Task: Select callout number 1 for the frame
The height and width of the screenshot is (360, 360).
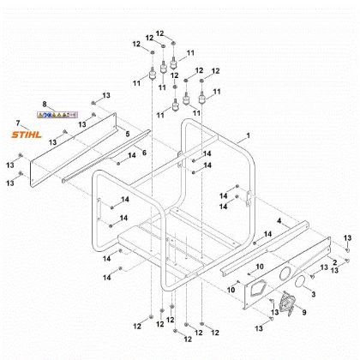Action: click(248, 136)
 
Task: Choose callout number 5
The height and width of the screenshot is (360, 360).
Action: click(128, 134)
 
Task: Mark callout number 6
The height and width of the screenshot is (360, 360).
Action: click(144, 152)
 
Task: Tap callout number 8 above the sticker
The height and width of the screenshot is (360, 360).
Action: click(45, 104)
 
